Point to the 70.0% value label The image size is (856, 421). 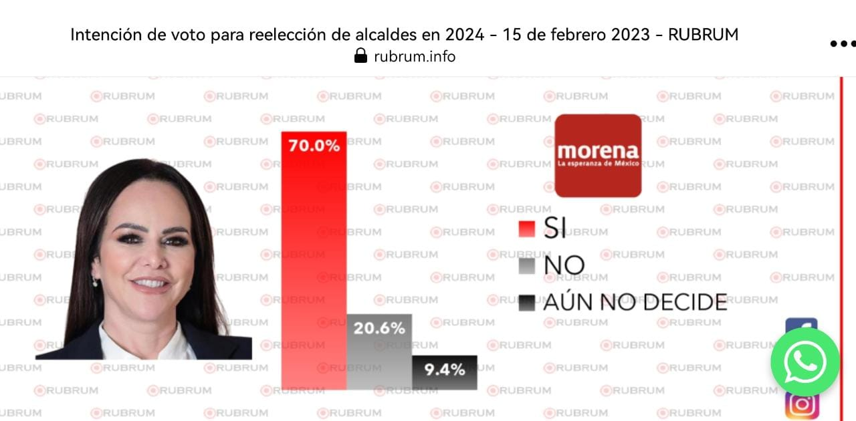tap(314, 145)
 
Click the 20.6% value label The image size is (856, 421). tap(379, 328)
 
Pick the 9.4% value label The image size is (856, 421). tap(445, 369)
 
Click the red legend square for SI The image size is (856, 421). tap(527, 229)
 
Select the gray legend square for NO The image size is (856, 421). tap(527, 266)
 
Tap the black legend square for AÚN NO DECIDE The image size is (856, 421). tap(527, 303)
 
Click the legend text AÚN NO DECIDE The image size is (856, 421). tap(635, 303)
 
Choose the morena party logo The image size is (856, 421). tap(598, 155)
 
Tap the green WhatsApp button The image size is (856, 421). tap(805, 362)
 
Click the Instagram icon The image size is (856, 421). tap(802, 404)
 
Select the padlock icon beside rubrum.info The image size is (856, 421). tap(360, 56)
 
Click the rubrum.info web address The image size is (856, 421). tap(415, 56)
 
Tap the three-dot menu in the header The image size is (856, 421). tap(842, 44)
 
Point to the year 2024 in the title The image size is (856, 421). tap(462, 35)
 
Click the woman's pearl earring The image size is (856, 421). tap(95, 282)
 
